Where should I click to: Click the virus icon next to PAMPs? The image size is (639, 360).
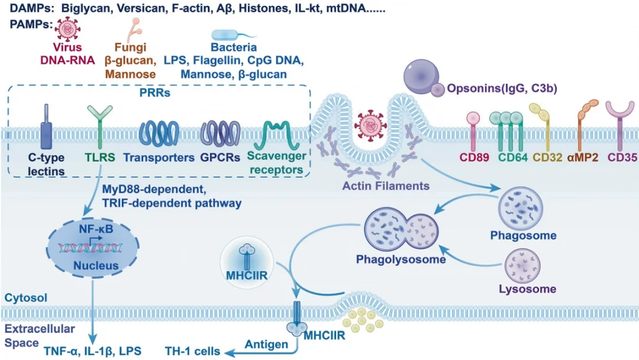pos(67,30)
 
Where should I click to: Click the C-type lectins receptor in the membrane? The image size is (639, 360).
pos(46,127)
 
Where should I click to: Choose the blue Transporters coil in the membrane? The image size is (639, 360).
pos(159,133)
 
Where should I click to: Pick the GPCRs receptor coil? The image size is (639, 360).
pos(220,133)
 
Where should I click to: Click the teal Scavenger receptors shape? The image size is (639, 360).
pos(277,135)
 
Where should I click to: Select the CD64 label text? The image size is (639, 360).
pos(512,157)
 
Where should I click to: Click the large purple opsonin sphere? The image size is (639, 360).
pos(421,76)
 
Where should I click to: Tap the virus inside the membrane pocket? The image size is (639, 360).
pos(370,125)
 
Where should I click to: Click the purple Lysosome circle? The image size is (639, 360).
pos(522,266)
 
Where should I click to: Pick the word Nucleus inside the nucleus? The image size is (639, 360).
pos(96,266)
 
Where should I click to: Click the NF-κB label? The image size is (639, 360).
pos(96,229)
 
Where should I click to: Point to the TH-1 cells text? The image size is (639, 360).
pos(192,351)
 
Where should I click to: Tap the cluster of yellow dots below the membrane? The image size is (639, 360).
pos(363,319)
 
